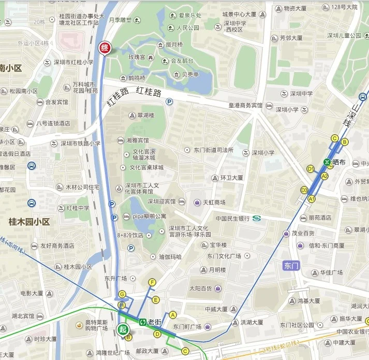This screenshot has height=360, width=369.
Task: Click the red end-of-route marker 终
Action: pyautogui.click(x=105, y=48)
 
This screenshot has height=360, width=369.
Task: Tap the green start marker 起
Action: pyautogui.click(x=123, y=329)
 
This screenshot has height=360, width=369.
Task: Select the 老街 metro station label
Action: pyautogui.click(x=154, y=322)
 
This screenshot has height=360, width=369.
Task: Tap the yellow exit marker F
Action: pyautogui.click(x=152, y=282)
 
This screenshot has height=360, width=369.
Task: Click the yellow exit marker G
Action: pyautogui.click(x=122, y=294)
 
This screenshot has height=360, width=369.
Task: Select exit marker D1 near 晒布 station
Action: pyautogui.click(x=311, y=169)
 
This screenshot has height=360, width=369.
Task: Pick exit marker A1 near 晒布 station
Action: pyautogui.click(x=312, y=198)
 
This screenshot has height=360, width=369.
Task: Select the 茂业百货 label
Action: pyautogui.click(x=303, y=234)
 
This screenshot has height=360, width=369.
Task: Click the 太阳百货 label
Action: pyautogui.click(x=202, y=288)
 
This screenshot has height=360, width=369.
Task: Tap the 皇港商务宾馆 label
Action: pyautogui.click(x=246, y=105)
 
